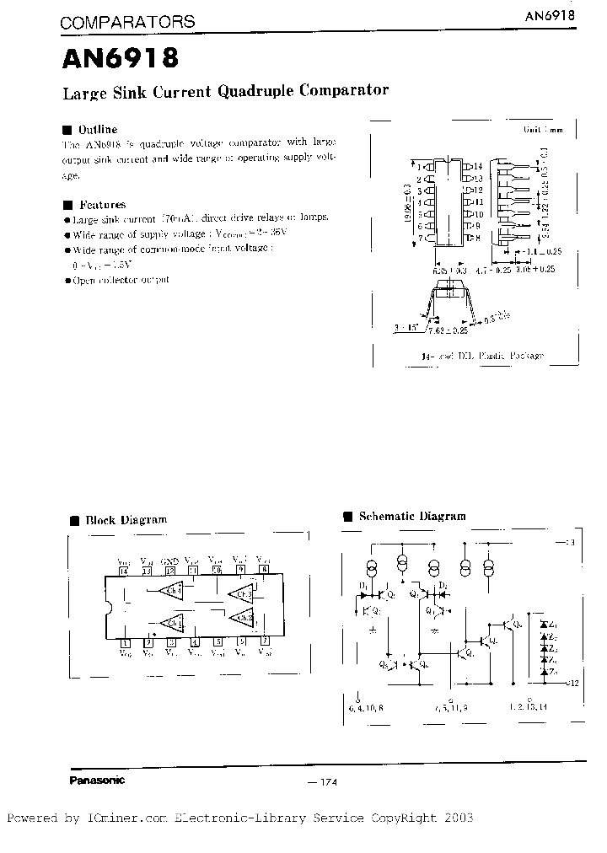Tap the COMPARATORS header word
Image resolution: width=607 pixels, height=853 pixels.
click(x=126, y=23)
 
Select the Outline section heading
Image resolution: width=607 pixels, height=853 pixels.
click(x=97, y=130)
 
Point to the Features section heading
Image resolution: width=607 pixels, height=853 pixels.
click(x=101, y=204)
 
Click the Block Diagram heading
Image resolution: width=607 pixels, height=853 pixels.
click(x=126, y=520)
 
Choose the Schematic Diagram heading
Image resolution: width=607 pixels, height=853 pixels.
click(x=411, y=516)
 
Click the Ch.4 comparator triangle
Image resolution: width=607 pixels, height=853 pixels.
click(x=172, y=590)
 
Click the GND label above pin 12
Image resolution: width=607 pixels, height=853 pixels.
click(x=169, y=561)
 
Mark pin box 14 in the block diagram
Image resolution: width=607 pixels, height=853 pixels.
click(x=124, y=571)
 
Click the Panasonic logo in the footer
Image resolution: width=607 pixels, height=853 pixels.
click(x=95, y=780)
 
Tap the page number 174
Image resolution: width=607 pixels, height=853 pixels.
click(x=325, y=783)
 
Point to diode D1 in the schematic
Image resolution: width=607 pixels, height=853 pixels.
click(x=364, y=593)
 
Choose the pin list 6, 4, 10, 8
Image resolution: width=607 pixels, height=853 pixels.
click(x=365, y=708)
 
